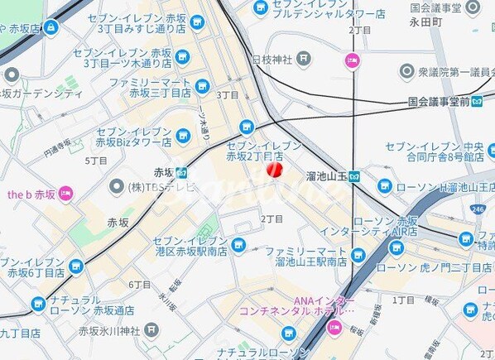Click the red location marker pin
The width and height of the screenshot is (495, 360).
point(274,169)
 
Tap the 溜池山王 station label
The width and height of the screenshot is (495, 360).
point(325,176)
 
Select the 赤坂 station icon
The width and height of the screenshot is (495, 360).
point(181,173)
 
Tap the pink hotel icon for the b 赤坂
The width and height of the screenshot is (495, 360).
point(67,194)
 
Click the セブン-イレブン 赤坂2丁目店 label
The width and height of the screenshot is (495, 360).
point(255,150)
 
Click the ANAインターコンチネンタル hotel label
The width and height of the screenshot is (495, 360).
point(296,305)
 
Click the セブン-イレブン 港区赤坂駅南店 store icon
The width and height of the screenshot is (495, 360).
point(238,244)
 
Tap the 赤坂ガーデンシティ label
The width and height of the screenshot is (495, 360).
point(41,94)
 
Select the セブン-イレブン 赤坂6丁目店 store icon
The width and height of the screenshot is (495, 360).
point(76,266)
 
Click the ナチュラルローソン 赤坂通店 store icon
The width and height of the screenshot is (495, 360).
point(37,304)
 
